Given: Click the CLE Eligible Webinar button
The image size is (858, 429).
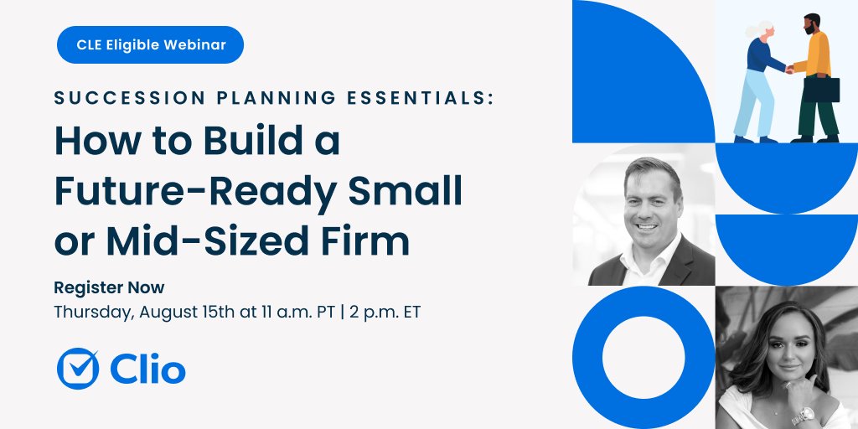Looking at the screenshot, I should [x=150, y=45].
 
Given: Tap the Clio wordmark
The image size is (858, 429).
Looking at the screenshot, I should [x=147, y=369].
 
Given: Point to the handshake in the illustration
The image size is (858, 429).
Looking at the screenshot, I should [x=789, y=70].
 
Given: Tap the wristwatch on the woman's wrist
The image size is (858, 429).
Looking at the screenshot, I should [x=803, y=413].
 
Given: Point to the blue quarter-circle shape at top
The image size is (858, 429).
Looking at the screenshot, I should [x=628, y=67].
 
